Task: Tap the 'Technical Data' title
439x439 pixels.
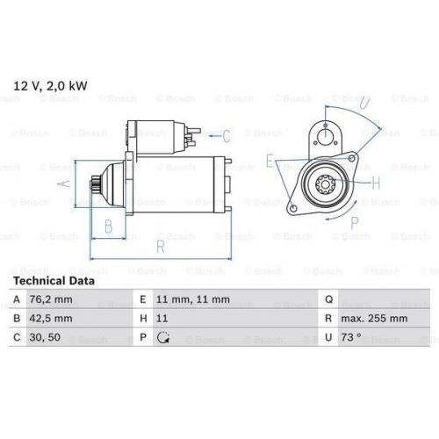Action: pyautogui.click(x=53, y=280)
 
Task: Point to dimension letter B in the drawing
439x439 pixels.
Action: pyautogui.click(x=109, y=227)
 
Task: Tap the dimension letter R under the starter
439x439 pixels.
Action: pyautogui.click(x=161, y=248)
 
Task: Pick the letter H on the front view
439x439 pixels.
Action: pyautogui.click(x=376, y=184)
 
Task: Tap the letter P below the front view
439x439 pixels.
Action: pyautogui.click(x=355, y=223)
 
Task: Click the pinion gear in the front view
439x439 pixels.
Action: pyautogui.click(x=321, y=185)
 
